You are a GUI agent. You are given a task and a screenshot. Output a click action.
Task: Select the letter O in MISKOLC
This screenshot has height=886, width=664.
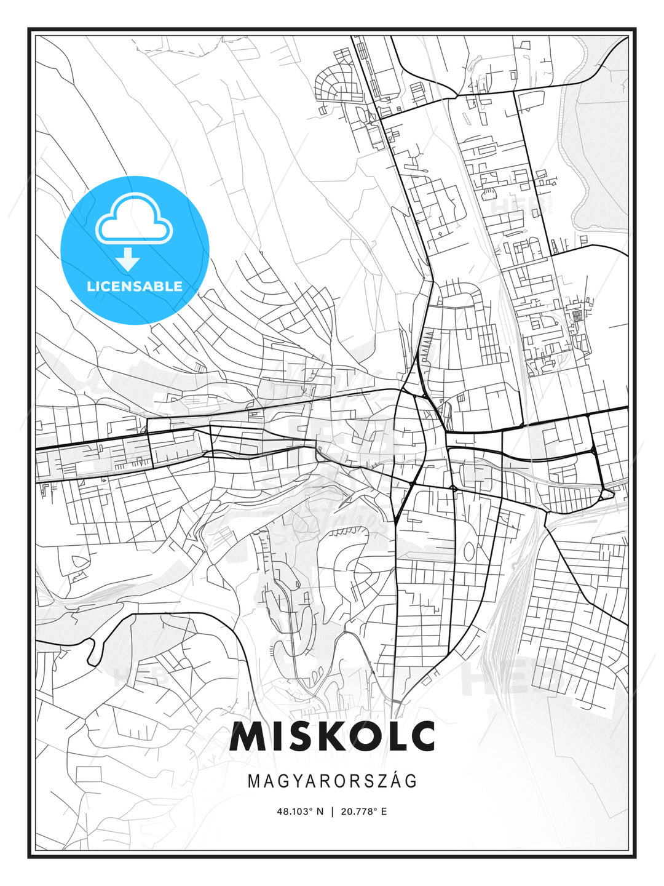[360, 736]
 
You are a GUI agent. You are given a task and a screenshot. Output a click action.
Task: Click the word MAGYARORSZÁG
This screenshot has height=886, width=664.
[332, 781]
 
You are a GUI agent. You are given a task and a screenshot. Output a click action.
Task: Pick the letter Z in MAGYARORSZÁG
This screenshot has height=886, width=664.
[381, 781]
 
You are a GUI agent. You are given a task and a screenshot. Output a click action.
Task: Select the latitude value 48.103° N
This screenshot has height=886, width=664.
[300, 811]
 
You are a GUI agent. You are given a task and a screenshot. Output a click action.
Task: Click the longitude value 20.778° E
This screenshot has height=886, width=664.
[365, 811]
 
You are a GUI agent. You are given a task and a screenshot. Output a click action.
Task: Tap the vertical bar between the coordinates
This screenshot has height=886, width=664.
[333, 811]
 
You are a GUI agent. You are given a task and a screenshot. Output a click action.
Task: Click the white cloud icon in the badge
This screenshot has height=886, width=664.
[134, 220]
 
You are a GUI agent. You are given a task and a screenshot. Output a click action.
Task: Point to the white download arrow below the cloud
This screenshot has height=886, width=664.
[128, 259]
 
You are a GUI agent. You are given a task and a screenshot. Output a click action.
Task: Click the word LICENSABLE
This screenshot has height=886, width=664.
[135, 286]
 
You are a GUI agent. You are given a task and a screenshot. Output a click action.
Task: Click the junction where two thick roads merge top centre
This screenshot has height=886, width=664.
[455, 95]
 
